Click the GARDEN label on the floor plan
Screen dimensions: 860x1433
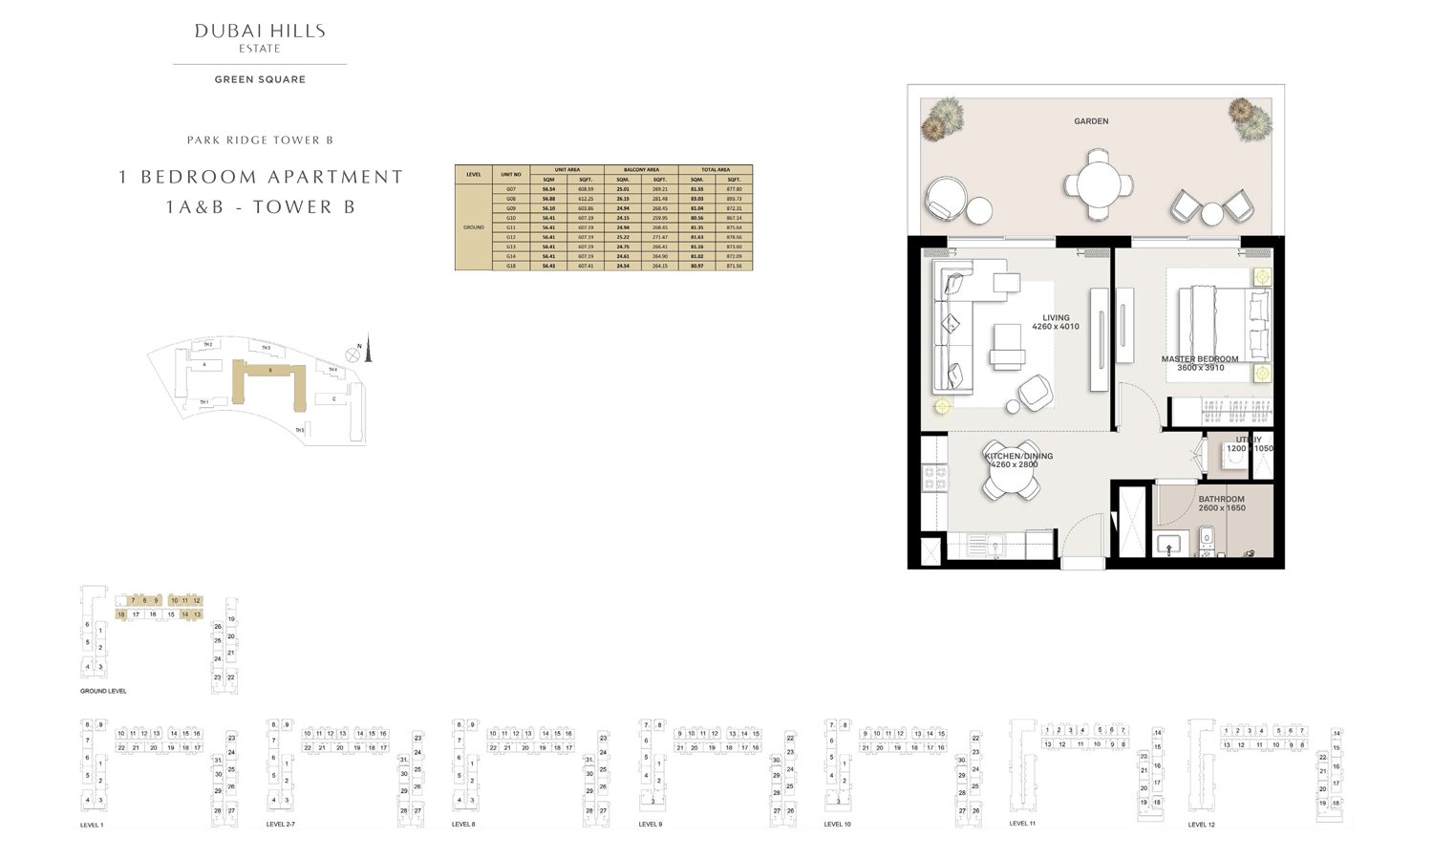pyautogui.click(x=1091, y=121)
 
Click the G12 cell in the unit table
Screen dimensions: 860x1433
pyautogui.click(x=511, y=237)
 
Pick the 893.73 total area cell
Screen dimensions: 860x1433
pyautogui.click(x=734, y=199)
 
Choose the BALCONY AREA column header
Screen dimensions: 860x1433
pyautogui.click(x=641, y=170)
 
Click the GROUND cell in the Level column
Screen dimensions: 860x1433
pyautogui.click(x=474, y=227)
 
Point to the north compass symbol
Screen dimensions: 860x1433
pyautogui.click(x=353, y=355)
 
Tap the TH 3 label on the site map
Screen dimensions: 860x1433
pyautogui.click(x=266, y=349)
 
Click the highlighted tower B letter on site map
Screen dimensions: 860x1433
pyautogui.click(x=270, y=370)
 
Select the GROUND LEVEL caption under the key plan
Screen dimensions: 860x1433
pyautogui.click(x=103, y=691)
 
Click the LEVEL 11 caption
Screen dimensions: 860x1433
pyautogui.click(x=1022, y=823)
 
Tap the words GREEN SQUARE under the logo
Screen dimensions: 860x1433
pyautogui.click(x=260, y=79)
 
